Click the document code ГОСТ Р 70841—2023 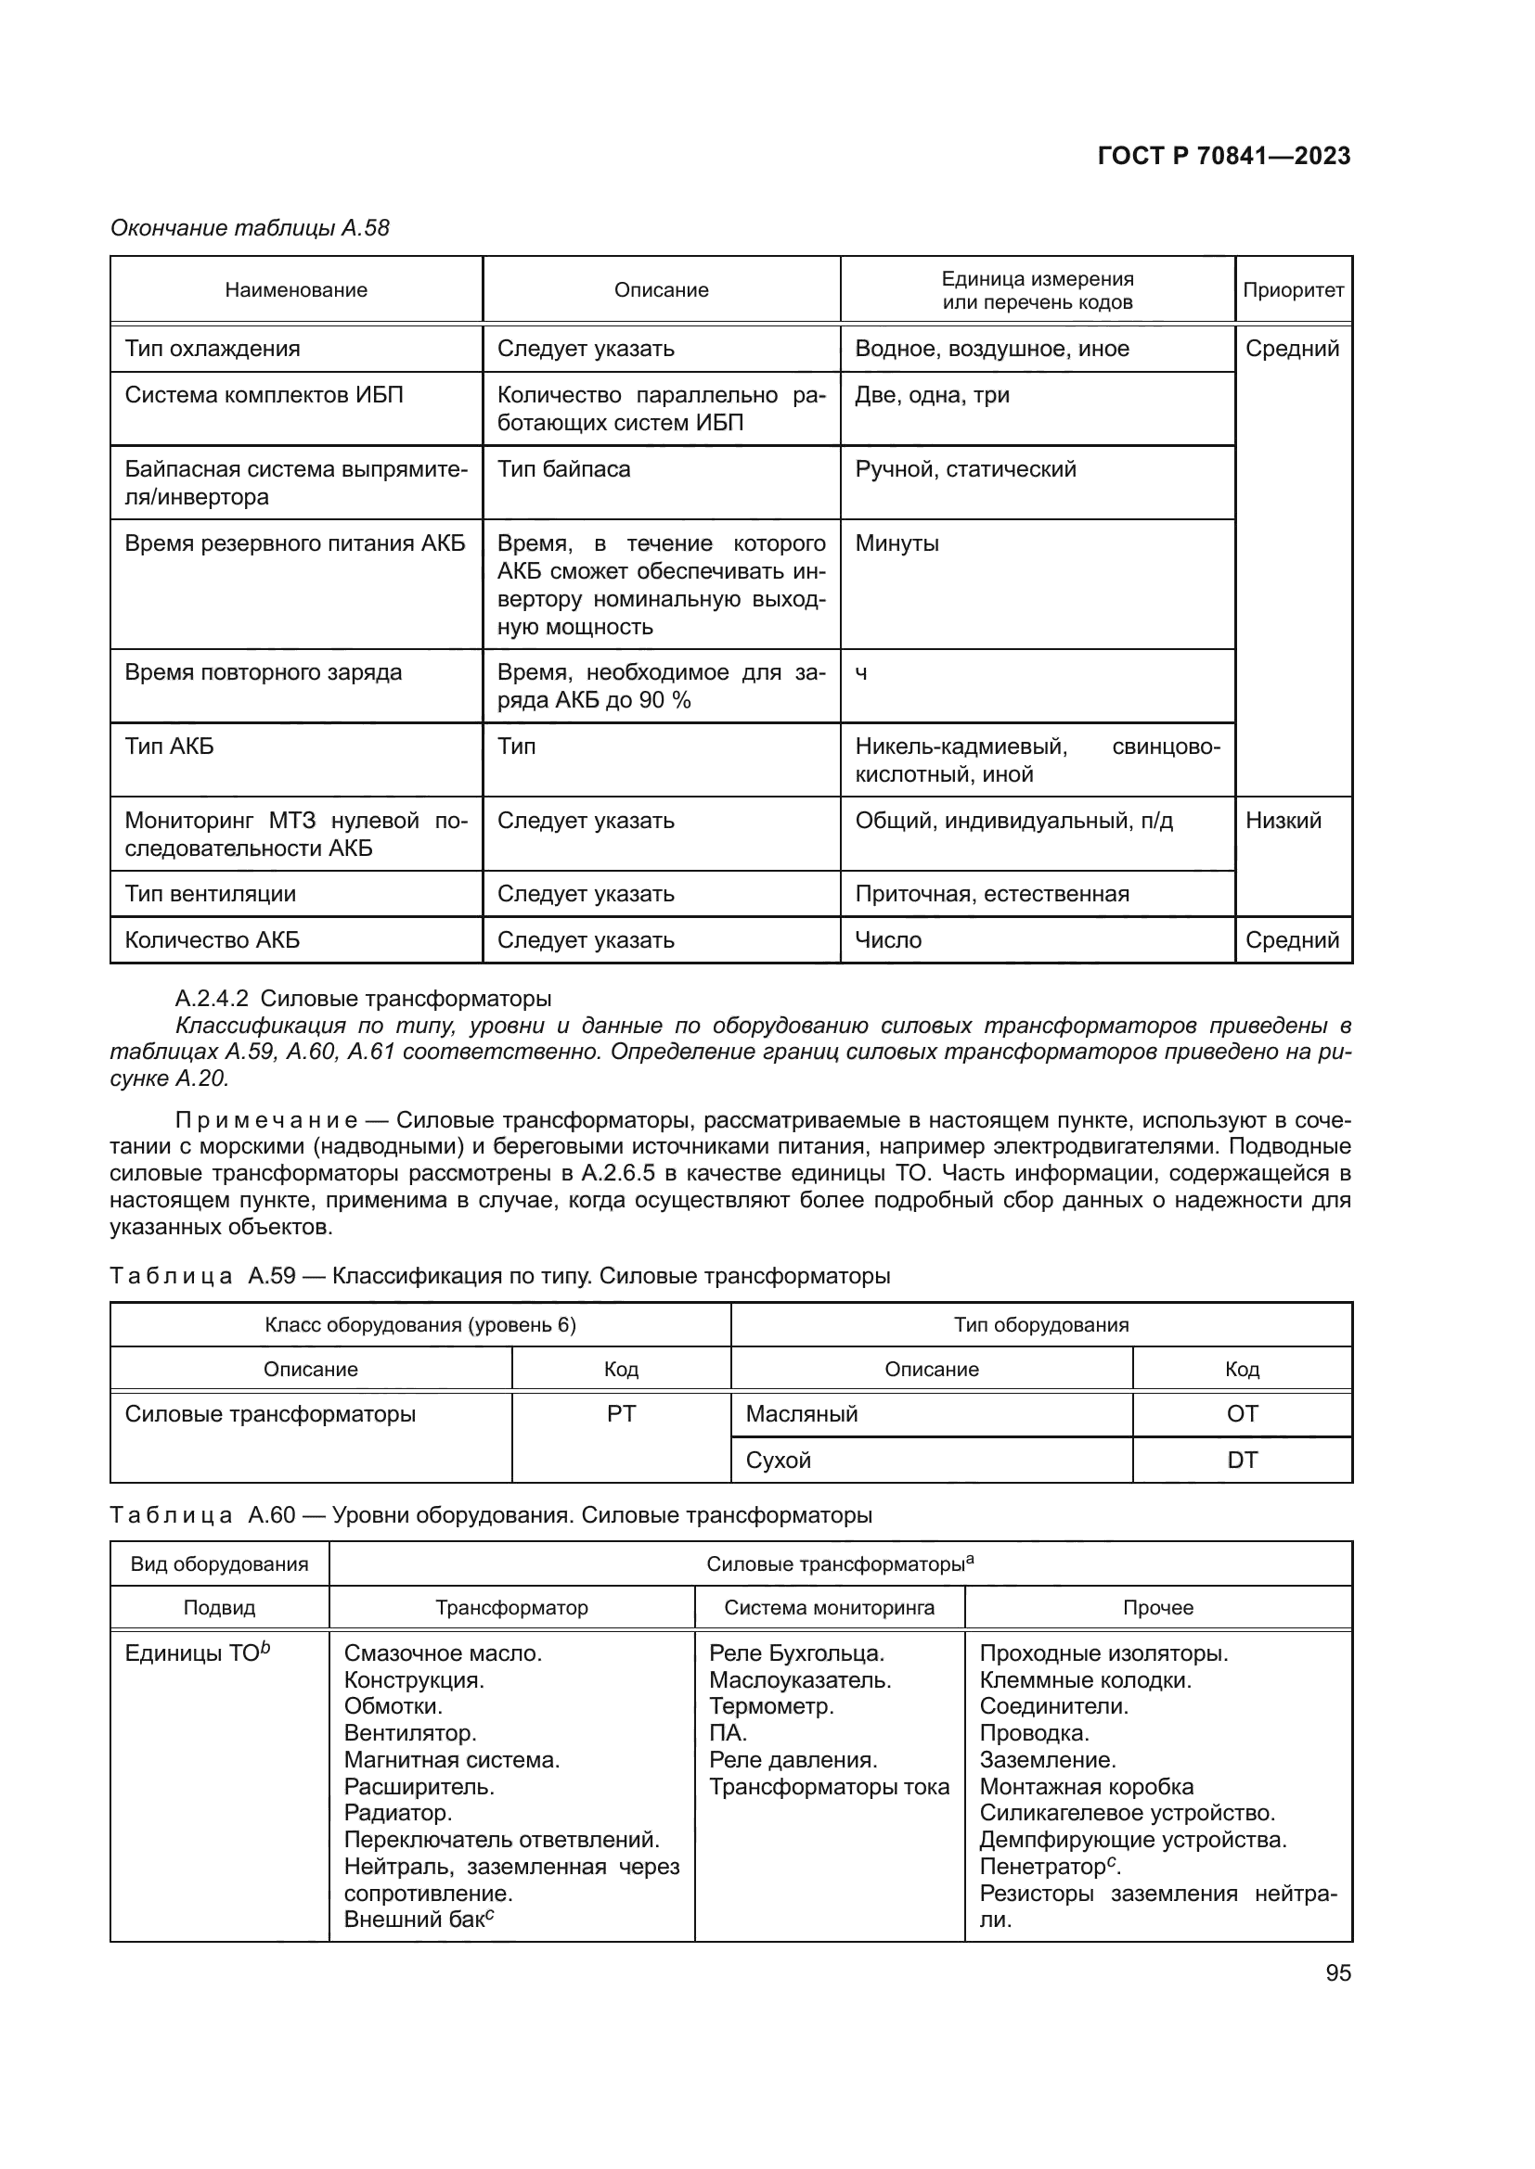[1223, 156]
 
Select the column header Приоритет [1292, 290]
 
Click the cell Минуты [896, 543]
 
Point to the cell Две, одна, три [931, 395]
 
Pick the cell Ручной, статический [964, 469]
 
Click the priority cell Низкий [1282, 820]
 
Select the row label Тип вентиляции [210, 894]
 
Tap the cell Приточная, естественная [991, 894]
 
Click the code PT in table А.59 [621, 1413]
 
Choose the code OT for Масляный [1241, 1413]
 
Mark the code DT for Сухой [1241, 1460]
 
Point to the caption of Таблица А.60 [491, 1515]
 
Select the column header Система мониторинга [828, 1607]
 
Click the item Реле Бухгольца [796, 1653]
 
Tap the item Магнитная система [451, 1760]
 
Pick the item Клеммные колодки [1084, 1679]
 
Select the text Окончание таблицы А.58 [250, 228]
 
